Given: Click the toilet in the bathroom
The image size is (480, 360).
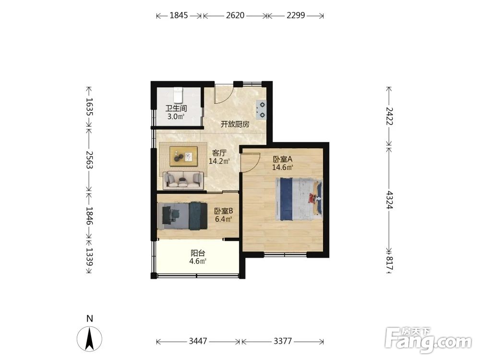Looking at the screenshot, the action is [178, 95].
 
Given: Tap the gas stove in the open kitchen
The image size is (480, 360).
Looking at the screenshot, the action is [261, 110].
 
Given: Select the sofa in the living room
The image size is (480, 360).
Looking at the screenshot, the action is [183, 180].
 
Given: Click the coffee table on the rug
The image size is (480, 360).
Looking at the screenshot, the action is [183, 156].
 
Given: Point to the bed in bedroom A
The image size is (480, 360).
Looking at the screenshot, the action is [299, 199].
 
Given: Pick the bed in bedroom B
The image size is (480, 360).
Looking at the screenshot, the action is [182, 216].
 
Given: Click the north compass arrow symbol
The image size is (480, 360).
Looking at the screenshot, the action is [89, 339].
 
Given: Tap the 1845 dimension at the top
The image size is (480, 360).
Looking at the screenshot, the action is [179, 15].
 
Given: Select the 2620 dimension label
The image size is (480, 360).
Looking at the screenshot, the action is [235, 15].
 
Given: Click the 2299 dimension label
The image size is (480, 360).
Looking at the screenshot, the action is [296, 15].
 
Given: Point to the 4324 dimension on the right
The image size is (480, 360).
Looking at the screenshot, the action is [389, 200].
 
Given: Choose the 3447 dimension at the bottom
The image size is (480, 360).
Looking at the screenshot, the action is [198, 341].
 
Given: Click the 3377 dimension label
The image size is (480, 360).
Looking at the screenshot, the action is [283, 341].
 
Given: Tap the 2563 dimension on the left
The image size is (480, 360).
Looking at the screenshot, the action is [89, 159].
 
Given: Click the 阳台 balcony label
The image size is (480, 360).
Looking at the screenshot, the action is [198, 253].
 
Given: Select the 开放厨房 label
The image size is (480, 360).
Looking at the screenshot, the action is [235, 124].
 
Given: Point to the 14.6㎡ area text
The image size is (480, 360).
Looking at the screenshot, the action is [283, 167].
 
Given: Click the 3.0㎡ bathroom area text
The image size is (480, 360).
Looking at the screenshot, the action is [176, 116].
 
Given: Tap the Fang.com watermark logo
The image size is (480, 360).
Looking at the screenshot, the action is [428, 340].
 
